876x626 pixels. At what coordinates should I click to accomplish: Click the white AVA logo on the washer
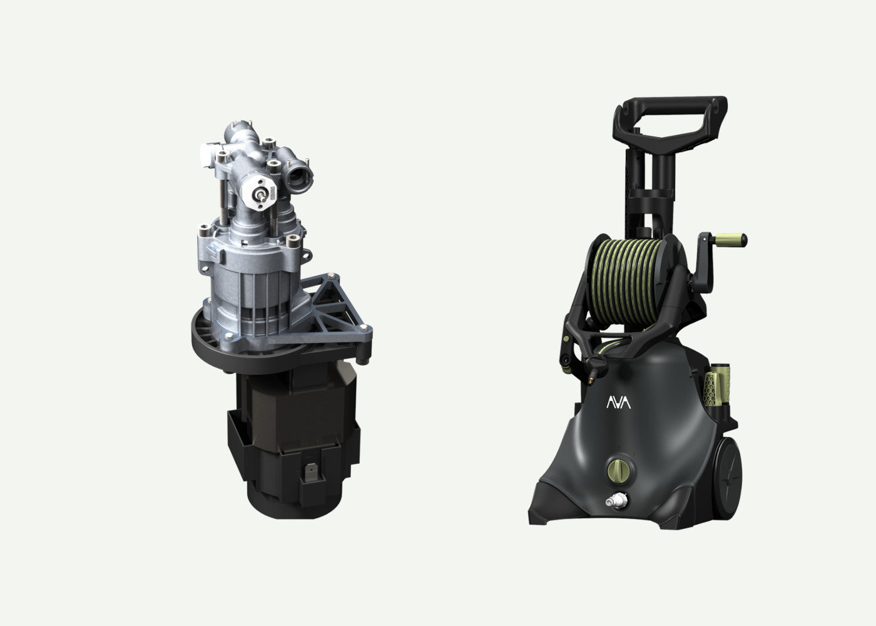[618, 402]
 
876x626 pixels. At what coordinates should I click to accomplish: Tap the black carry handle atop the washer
[670, 122]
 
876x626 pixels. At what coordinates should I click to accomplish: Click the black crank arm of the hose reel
[703, 263]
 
